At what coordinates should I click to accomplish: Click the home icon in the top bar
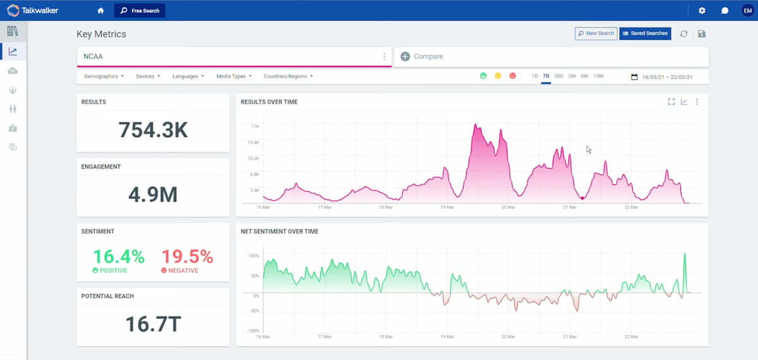pos(100,11)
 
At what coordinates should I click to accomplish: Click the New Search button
pos(596,33)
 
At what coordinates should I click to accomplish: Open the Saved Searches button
pos(645,33)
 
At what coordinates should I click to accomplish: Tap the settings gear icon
pos(702,11)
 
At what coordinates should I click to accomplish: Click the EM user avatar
pos(747,11)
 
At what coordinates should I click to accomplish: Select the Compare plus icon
pos(405,56)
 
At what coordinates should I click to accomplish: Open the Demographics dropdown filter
pos(104,76)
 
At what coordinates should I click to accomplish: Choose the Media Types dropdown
pos(234,76)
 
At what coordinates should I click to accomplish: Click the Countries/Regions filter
pos(288,76)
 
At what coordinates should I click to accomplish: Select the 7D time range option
pos(546,76)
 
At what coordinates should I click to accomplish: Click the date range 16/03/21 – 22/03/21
pos(666,77)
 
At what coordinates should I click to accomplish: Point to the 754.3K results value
pos(153,129)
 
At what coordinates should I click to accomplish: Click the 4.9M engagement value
pos(153,195)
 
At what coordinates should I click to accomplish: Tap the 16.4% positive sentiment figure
pos(119,257)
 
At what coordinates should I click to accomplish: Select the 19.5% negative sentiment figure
pos(187,257)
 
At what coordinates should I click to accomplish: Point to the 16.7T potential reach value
pos(153,323)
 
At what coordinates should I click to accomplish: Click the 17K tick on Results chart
pos(255,126)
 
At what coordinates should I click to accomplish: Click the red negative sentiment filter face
pos(512,76)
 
